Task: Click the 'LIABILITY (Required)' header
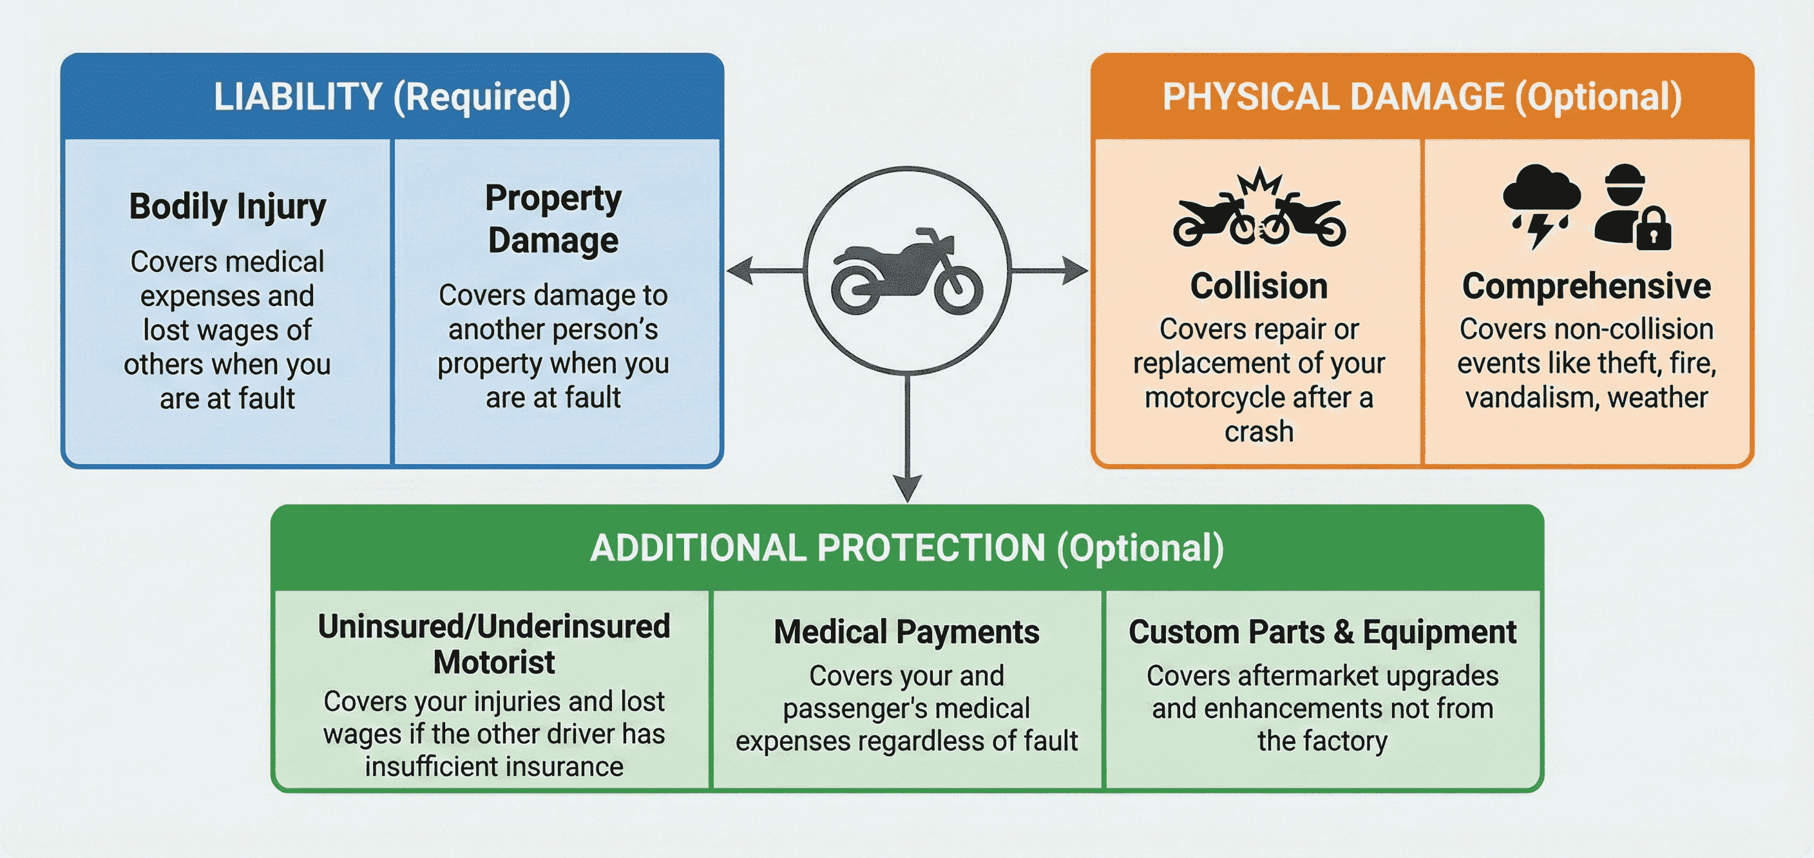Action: pos(392,97)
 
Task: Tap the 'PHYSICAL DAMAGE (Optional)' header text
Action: pos(1421,97)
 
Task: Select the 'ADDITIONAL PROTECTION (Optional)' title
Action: pos(907,548)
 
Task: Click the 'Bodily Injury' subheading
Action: pos(227,207)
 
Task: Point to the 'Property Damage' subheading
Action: pos(553,219)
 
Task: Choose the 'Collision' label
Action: pos(1258,286)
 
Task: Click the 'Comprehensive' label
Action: pos(1586,286)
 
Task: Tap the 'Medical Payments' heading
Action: pos(906,632)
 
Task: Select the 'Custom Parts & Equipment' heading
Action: pos(1322,632)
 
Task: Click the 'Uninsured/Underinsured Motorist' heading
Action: pos(493,644)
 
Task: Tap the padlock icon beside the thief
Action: pos(1653,230)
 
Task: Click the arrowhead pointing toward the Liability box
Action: pos(740,271)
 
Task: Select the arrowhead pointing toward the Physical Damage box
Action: pos(1074,271)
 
